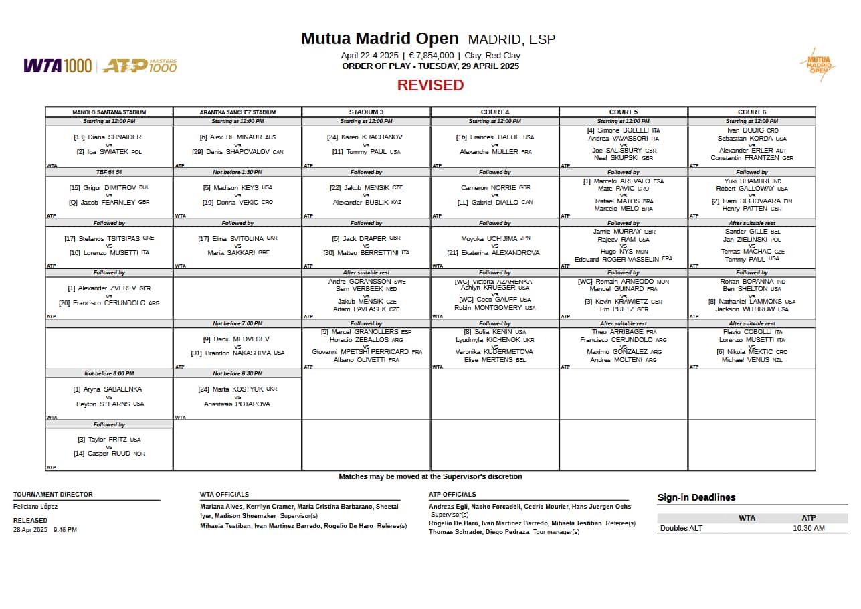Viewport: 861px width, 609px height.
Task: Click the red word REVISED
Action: [x=430, y=85]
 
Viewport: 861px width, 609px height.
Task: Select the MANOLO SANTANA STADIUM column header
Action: [x=109, y=112]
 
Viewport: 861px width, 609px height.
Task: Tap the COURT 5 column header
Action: [x=623, y=112]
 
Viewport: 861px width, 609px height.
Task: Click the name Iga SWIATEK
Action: [x=109, y=152]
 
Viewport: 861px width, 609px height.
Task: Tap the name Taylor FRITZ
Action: [x=108, y=440]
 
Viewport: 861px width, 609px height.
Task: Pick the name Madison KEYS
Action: [x=237, y=188]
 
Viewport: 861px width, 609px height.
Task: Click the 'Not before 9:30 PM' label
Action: [x=237, y=373]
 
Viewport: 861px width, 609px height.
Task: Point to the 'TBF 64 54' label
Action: [x=109, y=172]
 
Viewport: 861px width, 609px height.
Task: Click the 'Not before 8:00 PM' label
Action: [x=109, y=373]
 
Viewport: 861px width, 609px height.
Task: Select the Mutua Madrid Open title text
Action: [x=379, y=39]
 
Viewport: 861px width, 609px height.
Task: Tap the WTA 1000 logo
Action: [x=58, y=66]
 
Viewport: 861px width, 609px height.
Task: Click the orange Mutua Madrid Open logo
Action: [x=818, y=65]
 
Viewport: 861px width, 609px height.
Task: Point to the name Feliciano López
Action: [x=35, y=507]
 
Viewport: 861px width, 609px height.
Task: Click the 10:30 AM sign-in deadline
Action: [x=808, y=528]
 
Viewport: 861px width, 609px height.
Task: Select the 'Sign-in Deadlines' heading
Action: [x=696, y=497]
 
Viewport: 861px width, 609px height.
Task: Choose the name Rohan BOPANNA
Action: [x=753, y=282]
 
